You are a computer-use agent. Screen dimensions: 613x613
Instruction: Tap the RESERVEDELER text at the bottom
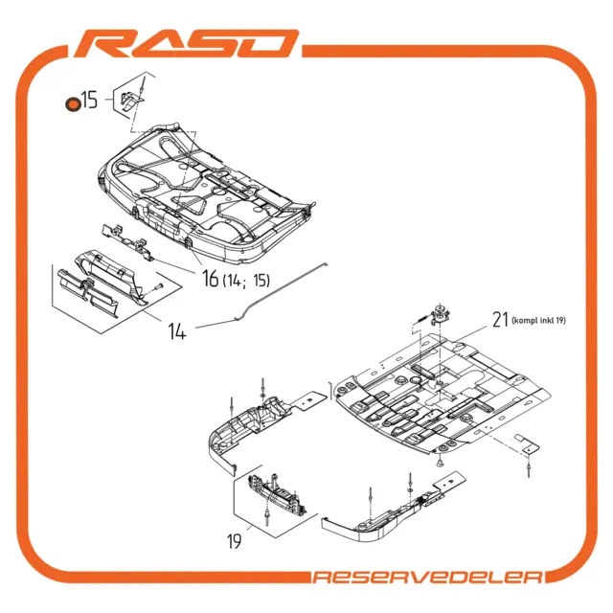point(428,577)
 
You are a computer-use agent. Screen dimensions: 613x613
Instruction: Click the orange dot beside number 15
point(71,104)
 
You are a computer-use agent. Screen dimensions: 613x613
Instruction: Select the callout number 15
point(89,101)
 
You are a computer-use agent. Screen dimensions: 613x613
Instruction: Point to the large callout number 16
point(210,280)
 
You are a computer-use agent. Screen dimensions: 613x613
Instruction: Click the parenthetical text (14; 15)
point(247,281)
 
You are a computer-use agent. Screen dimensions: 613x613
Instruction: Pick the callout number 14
point(177,332)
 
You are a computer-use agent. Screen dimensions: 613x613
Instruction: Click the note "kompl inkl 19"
point(539,321)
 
